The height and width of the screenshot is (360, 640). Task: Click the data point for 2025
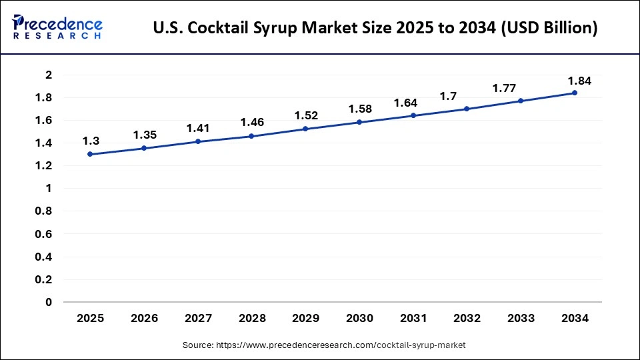click(x=90, y=154)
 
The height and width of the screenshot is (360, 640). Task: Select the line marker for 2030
click(x=359, y=122)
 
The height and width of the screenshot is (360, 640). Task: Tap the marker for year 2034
click(x=575, y=93)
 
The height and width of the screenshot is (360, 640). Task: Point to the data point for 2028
click(x=251, y=136)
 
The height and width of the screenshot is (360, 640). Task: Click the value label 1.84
click(x=579, y=81)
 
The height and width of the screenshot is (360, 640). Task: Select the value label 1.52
click(x=306, y=115)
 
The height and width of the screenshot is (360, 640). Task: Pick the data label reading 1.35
click(x=145, y=135)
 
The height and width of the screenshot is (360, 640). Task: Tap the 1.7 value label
click(x=447, y=97)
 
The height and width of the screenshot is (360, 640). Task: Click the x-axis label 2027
click(x=198, y=319)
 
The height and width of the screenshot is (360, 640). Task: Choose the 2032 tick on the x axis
click(x=467, y=319)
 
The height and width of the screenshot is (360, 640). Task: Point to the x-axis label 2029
click(x=306, y=319)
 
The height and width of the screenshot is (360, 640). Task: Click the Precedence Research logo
click(x=57, y=27)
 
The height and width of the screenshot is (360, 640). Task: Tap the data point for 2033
click(x=521, y=101)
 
